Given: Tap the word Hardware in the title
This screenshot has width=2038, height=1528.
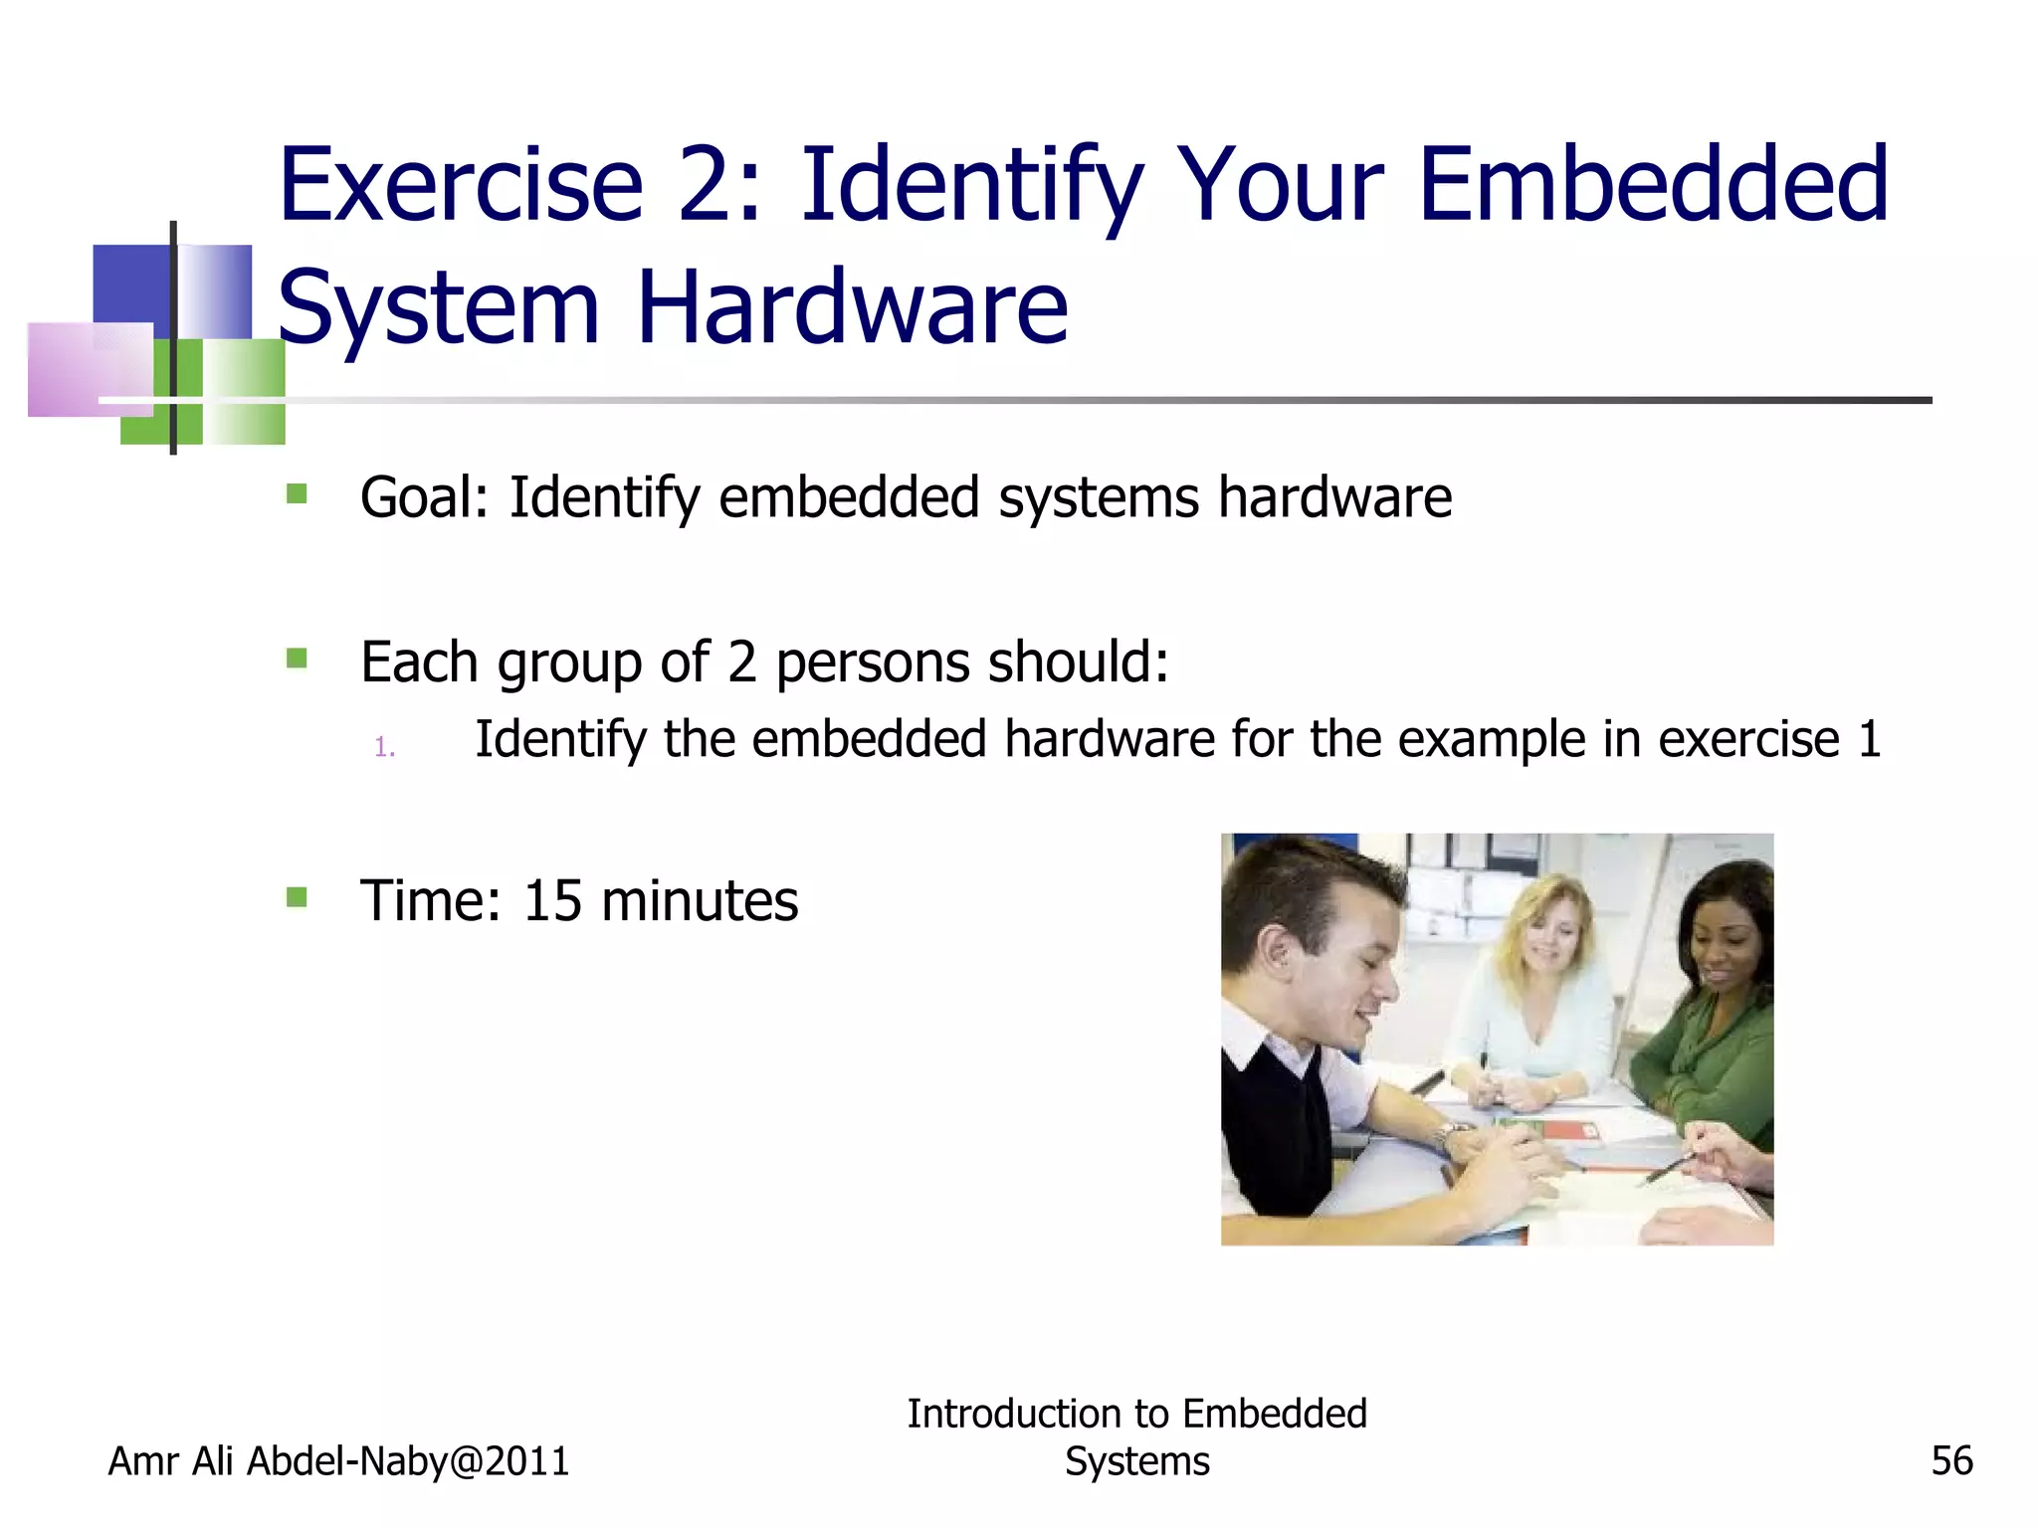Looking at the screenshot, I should coord(852,307).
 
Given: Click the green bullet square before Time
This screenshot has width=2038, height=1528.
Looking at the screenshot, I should coord(297,897).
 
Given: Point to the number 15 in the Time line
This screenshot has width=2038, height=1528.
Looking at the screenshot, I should coord(551,900).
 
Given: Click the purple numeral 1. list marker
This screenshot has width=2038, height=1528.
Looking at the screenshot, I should coord(385,747).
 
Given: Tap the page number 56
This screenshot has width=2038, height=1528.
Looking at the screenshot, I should coord(1950,1460).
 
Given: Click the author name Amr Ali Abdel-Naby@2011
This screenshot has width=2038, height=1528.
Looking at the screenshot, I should coord(338,1460).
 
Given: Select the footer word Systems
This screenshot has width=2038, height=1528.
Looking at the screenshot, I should coord(1136,1460).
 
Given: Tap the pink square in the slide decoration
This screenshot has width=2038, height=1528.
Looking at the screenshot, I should coord(88,368).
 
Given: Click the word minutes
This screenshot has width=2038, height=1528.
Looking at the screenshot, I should coord(699,900).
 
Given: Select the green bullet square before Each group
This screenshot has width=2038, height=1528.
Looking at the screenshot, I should coord(297,658).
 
